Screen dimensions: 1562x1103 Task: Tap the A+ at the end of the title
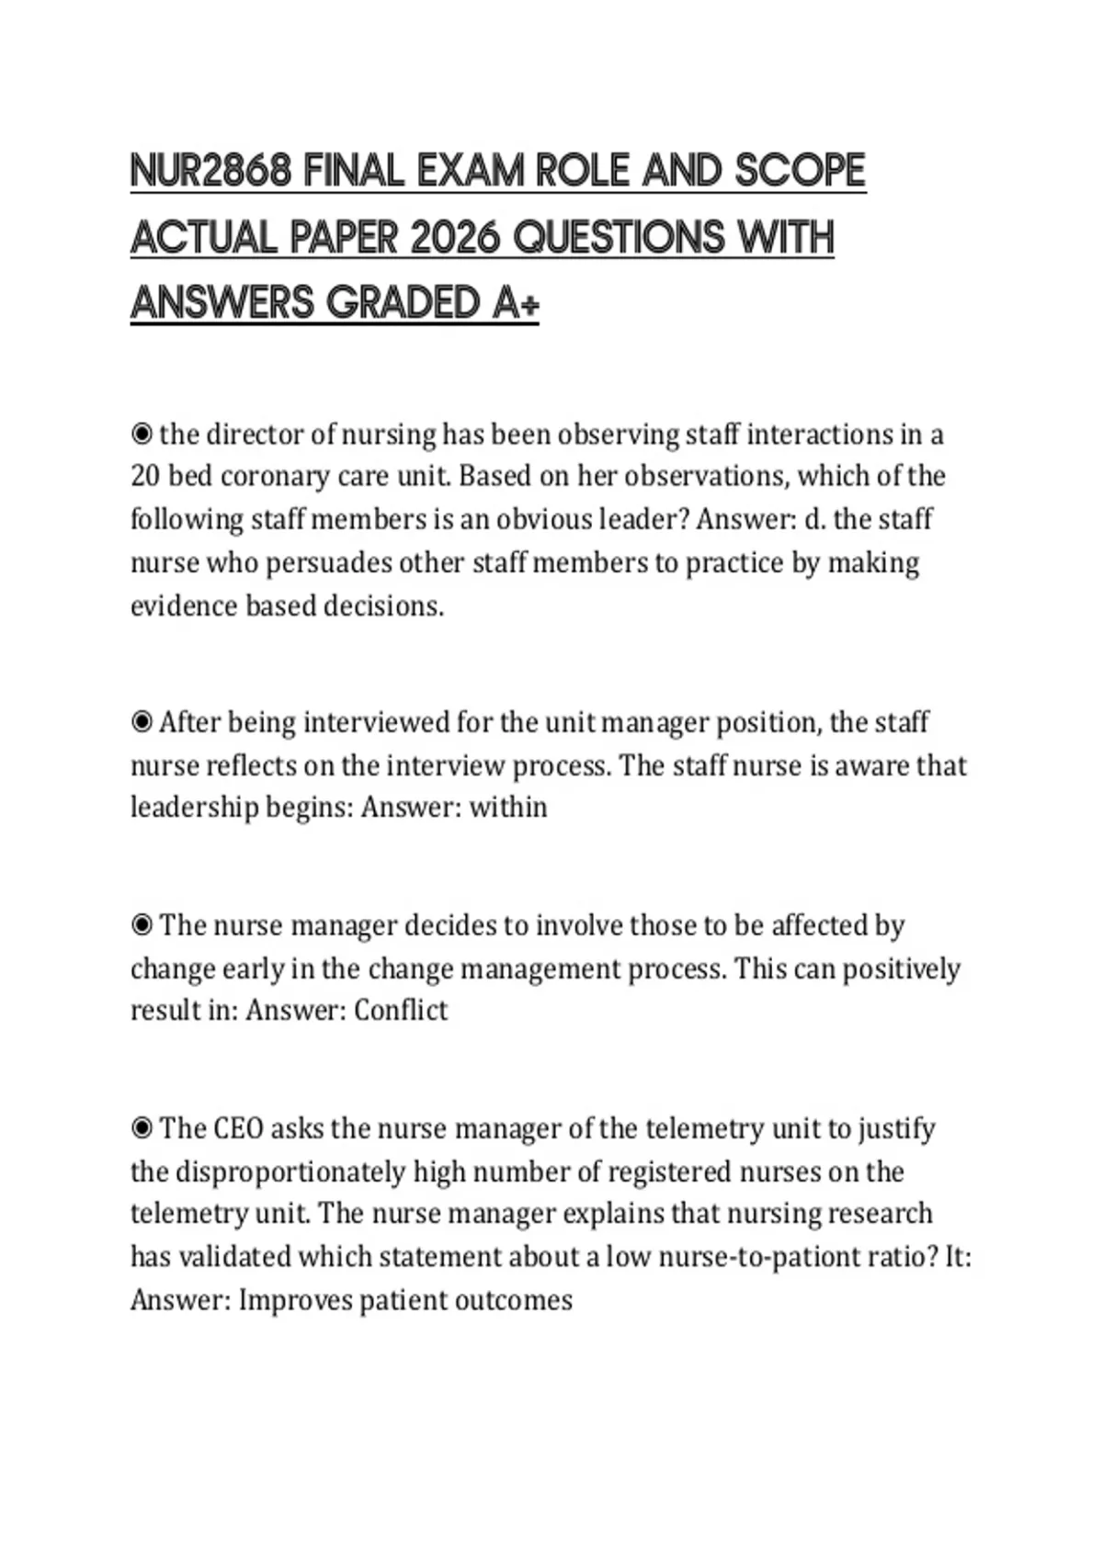[x=515, y=302]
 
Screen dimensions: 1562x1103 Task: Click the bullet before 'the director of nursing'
[x=142, y=433]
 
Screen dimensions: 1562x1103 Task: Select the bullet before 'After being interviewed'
[x=142, y=722]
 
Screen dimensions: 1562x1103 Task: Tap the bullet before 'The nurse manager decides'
[x=142, y=924]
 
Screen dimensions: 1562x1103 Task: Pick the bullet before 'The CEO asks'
[x=142, y=1127]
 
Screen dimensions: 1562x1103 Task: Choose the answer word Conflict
[x=401, y=1010]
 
